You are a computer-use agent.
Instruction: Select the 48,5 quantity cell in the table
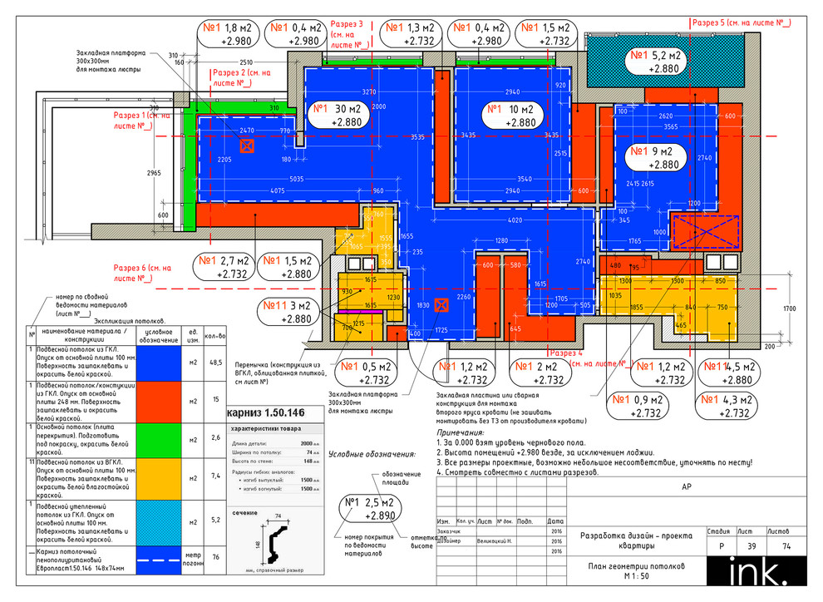tap(216, 363)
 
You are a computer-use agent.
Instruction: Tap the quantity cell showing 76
tap(216, 556)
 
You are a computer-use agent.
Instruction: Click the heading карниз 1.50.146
tap(267, 412)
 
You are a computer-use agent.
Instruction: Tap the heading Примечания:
tap(463, 433)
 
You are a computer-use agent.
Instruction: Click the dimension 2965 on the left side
tap(152, 173)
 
